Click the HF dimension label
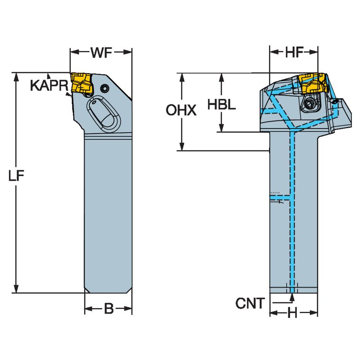[294, 52]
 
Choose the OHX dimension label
[181, 111]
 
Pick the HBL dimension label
[221, 105]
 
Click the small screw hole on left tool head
[104, 88]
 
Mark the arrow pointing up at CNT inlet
[292, 298]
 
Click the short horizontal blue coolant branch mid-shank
[281, 196]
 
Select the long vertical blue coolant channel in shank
[291, 211]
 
